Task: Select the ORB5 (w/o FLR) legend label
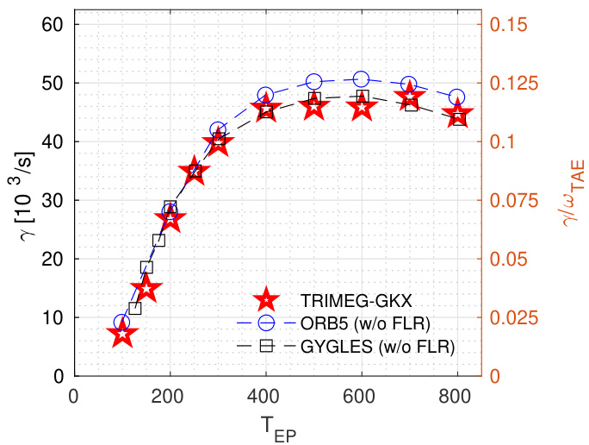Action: (x=366, y=323)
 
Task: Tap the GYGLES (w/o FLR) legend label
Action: (x=377, y=347)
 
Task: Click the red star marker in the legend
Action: (x=267, y=300)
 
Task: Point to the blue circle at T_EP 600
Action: (x=361, y=79)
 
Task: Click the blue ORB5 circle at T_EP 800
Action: (x=456, y=97)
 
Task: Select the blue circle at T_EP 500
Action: (x=313, y=82)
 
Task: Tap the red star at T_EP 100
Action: (x=122, y=335)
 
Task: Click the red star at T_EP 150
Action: (x=146, y=289)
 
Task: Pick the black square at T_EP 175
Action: (x=158, y=240)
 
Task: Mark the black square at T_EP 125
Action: (x=134, y=308)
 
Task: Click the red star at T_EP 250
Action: (x=195, y=172)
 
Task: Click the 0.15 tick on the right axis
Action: (x=508, y=24)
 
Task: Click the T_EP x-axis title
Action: (x=276, y=427)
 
